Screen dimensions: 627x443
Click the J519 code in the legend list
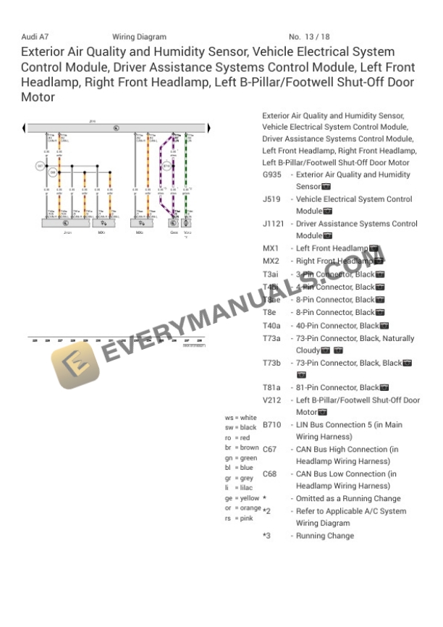coord(271,199)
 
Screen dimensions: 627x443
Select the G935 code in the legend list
coord(271,174)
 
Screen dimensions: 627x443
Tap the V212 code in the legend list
coord(271,400)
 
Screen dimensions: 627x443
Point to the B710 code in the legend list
coord(271,425)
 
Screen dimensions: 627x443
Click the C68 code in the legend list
coord(269,474)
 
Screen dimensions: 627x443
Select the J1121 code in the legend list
coord(274,224)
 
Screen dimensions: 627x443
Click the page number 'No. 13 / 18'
coord(309,37)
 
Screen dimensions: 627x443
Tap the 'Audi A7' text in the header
coord(36,37)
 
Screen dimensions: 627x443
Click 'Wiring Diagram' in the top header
coord(139,37)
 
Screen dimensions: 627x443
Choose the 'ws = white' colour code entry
coord(240,418)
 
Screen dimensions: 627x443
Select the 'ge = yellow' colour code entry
coord(241,498)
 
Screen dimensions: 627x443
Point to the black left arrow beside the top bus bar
coord(25,128)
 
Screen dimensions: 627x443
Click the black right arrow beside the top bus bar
coord(210,128)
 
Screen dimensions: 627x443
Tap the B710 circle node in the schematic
coord(166,166)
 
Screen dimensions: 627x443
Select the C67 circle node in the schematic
coord(40,166)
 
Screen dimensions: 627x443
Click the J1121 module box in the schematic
coord(67,224)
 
